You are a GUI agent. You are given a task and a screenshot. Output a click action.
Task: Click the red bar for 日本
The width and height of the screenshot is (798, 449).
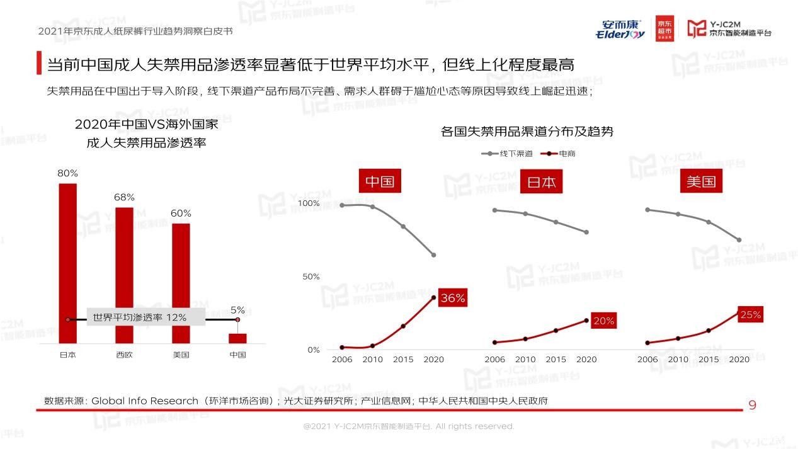(67, 263)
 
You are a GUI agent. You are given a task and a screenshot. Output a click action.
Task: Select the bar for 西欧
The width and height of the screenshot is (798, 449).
(124, 275)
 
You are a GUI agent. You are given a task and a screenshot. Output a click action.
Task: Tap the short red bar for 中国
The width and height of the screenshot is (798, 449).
(237, 338)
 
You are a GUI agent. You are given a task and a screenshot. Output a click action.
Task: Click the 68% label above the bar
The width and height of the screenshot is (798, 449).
(124, 197)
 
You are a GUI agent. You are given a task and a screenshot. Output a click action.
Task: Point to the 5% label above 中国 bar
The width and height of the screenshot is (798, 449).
(237, 310)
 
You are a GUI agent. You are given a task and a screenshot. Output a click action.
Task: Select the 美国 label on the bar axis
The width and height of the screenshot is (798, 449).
(181, 355)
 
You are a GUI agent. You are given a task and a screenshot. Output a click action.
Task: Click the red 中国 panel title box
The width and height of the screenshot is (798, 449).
(380, 182)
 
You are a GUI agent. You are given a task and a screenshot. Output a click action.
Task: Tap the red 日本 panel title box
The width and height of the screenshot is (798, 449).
(541, 183)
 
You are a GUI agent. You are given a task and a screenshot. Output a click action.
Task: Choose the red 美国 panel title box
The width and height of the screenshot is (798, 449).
(701, 182)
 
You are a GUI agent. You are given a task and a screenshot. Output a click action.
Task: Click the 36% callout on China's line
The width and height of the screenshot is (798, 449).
(452, 298)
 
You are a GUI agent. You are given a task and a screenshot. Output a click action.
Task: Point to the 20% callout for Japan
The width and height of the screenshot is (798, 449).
(603, 321)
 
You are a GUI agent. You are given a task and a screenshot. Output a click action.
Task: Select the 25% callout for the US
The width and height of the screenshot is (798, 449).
(750, 315)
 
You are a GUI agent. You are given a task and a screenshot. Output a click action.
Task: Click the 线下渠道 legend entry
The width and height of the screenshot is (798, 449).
(508, 153)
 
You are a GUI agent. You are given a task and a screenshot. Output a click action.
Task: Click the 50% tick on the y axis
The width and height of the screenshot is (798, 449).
(311, 276)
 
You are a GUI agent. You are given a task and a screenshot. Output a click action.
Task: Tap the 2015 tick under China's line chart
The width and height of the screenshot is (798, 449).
(403, 360)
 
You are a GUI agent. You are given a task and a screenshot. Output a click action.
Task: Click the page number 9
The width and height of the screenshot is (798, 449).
(752, 406)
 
